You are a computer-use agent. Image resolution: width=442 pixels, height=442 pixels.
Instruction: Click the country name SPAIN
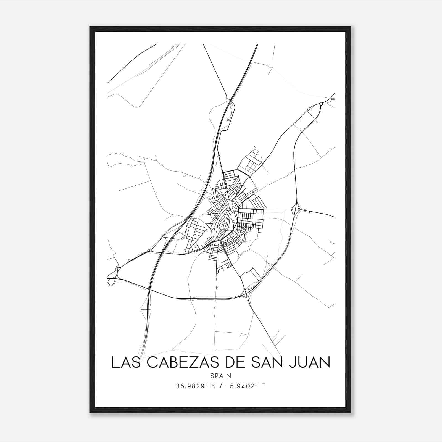coord(221,376)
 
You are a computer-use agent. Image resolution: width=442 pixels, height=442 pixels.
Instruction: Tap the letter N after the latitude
coord(213,386)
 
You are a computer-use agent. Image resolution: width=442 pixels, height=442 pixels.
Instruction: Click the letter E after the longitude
coord(263,386)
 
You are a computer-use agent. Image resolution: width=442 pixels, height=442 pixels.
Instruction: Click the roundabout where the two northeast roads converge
coord(321,104)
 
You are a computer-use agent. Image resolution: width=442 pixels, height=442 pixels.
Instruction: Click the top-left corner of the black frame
coord(90,27)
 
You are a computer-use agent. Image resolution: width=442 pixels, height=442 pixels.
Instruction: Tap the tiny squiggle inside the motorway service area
coord(228,119)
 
